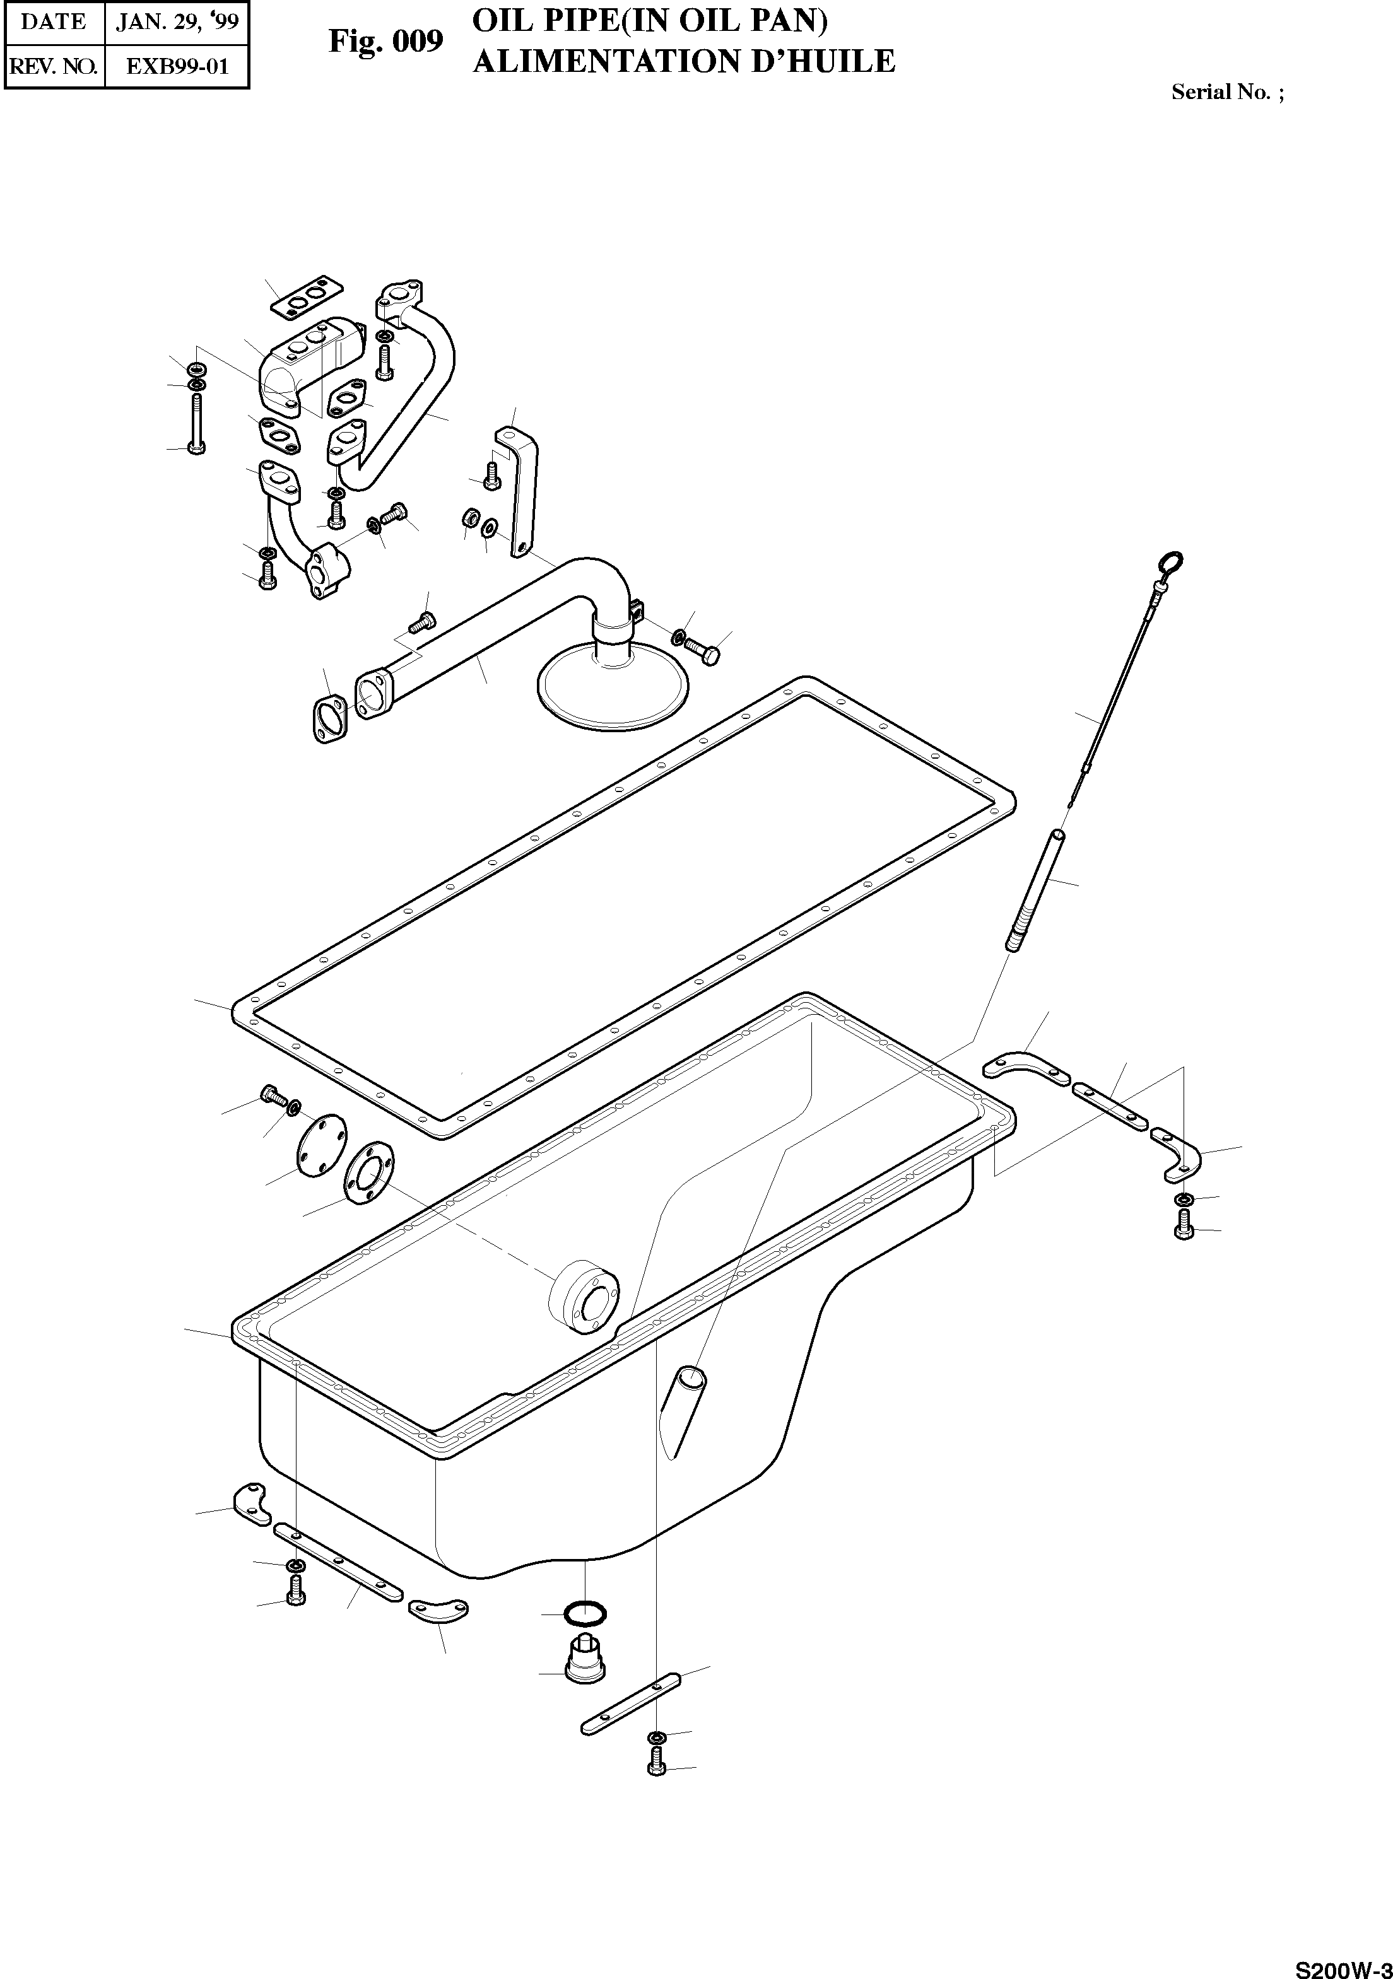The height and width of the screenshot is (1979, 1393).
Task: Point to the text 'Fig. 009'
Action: point(385,40)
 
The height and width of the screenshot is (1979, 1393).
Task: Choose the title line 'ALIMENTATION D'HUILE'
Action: point(684,62)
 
